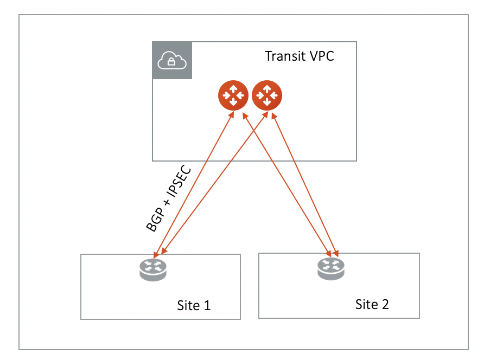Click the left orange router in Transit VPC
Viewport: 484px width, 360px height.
[233, 95]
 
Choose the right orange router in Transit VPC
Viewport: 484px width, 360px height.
[266, 95]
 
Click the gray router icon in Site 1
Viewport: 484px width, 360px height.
[153, 268]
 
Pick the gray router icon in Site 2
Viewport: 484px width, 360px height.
[331, 268]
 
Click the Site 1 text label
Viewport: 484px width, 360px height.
[194, 305]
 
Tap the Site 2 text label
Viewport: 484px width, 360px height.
[372, 304]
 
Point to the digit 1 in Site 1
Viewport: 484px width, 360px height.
[206, 305]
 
